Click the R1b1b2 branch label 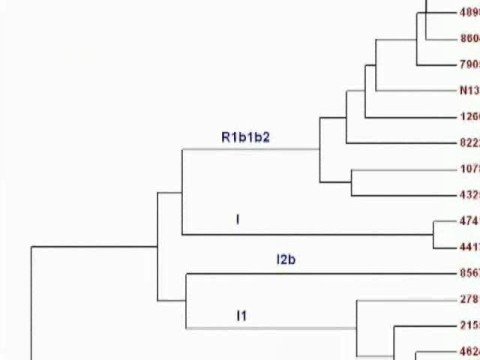coord(246,135)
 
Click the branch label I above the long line coord(237,217)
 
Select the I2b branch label coord(288,260)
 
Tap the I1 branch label coord(241,316)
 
